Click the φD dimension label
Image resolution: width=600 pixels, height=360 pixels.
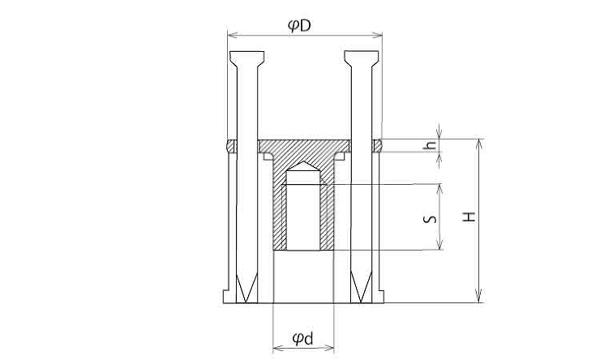[x=299, y=26]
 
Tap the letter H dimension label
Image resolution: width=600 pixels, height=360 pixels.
[x=469, y=217]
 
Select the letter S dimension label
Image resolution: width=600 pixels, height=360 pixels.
[x=430, y=219]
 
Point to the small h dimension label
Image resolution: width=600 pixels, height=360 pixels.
[x=431, y=145]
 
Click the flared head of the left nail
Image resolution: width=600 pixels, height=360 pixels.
[x=246, y=58]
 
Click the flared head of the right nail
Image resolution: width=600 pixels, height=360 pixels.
[x=362, y=58]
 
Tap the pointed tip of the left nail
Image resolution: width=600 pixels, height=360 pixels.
[x=246, y=302]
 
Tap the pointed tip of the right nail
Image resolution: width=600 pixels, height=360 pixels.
[x=361, y=302]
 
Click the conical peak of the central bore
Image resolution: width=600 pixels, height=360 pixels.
[x=304, y=162]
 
